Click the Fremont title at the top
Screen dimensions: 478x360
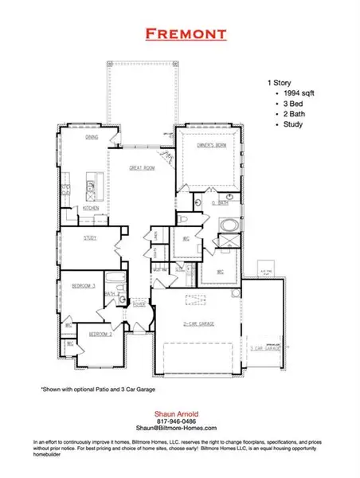(x=180, y=33)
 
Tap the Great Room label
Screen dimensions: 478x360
(x=143, y=168)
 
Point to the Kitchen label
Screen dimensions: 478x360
(x=90, y=209)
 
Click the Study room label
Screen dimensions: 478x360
(x=90, y=238)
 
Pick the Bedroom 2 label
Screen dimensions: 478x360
(x=100, y=333)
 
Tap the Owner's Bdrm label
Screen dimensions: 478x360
(x=209, y=145)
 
